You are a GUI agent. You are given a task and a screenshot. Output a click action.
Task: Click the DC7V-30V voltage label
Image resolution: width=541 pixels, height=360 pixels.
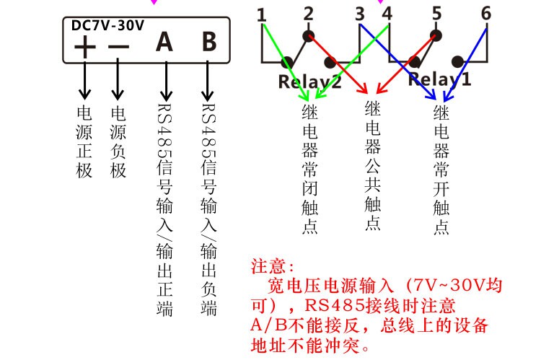tap(108, 26)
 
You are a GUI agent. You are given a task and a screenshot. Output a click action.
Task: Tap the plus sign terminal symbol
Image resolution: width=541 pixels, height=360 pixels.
tap(85, 48)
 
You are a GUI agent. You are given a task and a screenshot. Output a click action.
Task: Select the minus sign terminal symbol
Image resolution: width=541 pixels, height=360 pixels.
tap(118, 48)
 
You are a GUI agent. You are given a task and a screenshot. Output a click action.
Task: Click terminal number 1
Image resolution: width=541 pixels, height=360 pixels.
tap(261, 14)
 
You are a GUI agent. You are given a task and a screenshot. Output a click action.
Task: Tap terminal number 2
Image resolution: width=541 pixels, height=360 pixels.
tap(309, 14)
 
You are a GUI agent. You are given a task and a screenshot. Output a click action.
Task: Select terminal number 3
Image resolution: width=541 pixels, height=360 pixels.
tap(360, 14)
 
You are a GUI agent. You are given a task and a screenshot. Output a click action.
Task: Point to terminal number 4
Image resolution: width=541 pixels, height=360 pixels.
tap(387, 14)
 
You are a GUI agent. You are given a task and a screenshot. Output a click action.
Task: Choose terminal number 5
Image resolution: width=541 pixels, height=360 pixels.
tap(436, 14)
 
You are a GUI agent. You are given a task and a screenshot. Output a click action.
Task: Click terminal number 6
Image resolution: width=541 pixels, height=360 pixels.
tap(485, 14)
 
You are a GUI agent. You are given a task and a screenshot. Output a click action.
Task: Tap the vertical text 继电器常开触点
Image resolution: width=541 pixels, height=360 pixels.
tap(441, 170)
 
